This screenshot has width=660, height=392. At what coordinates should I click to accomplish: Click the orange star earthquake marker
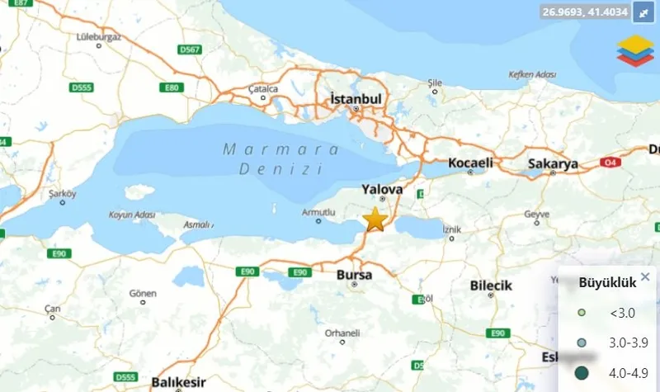[375, 220]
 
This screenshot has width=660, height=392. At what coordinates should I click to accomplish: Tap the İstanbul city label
[356, 98]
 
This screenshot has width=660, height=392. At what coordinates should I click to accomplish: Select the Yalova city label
[382, 189]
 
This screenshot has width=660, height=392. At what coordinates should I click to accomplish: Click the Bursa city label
[355, 274]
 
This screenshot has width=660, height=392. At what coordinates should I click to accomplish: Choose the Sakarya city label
[553, 164]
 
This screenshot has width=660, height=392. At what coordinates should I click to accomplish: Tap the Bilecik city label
[491, 286]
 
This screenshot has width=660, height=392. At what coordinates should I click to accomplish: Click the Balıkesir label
[177, 382]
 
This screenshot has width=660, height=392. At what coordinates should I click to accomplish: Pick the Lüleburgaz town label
[98, 36]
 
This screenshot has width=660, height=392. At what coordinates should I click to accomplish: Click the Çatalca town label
[264, 88]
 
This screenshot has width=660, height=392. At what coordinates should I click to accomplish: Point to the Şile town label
[436, 83]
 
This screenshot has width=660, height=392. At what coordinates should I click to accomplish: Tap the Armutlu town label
[319, 212]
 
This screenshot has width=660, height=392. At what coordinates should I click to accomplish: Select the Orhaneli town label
[342, 333]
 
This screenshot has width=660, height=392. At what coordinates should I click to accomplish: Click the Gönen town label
[143, 293]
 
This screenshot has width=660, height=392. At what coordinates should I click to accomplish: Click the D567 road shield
[191, 50]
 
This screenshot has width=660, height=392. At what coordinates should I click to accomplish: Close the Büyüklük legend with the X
[645, 277]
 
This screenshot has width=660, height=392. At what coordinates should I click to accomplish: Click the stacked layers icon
[634, 50]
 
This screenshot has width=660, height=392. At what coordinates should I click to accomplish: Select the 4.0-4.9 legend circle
[582, 371]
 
